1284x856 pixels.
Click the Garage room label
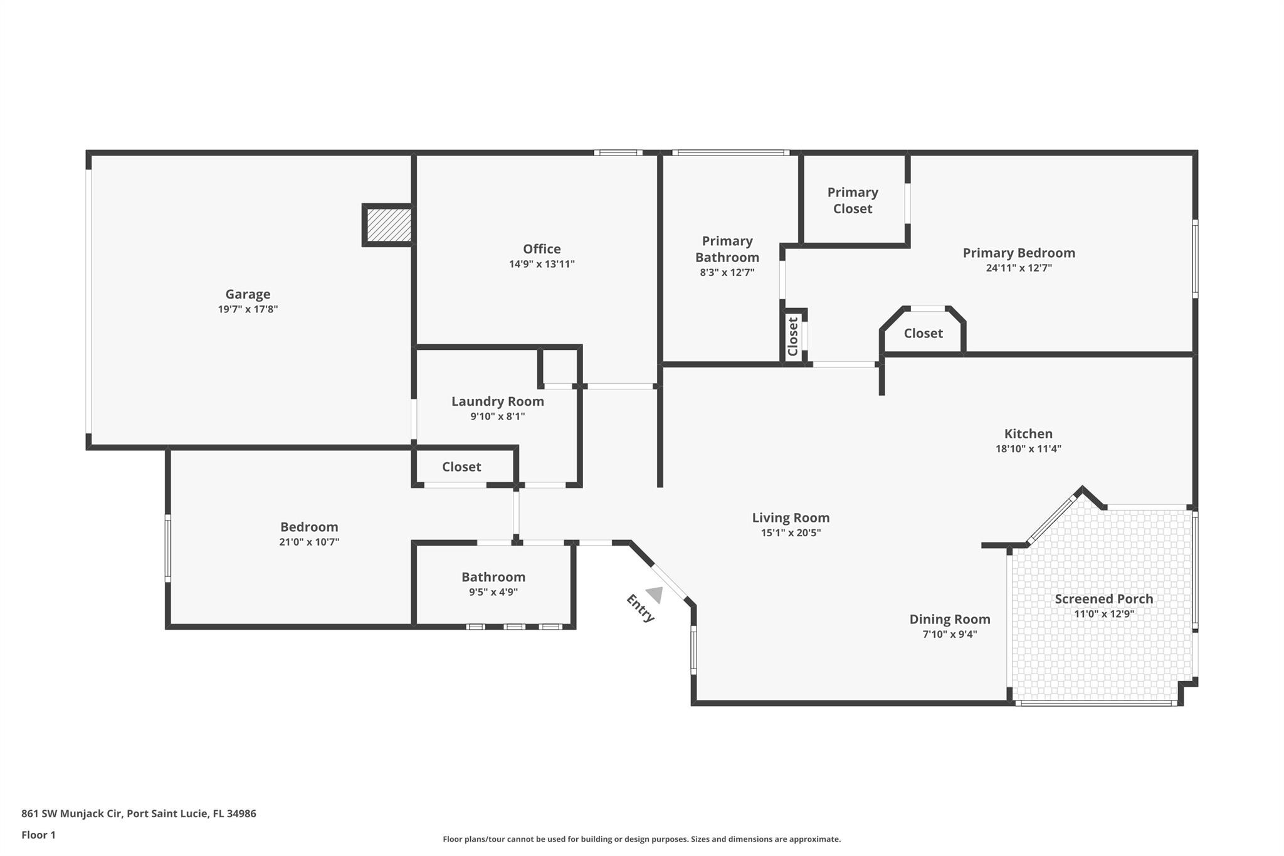click(x=248, y=294)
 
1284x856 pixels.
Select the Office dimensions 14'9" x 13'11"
click(x=542, y=264)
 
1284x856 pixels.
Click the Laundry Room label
click(x=497, y=401)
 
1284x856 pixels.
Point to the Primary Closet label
click(x=852, y=201)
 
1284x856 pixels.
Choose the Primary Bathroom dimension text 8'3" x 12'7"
click(x=727, y=272)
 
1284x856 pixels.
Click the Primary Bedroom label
click(x=1018, y=253)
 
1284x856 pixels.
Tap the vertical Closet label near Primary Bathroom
click(x=793, y=336)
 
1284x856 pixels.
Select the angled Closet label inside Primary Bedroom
click(x=923, y=334)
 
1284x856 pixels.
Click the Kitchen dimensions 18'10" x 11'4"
click(x=1028, y=448)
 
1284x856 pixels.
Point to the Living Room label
click(x=791, y=518)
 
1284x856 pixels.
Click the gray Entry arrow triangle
click(x=655, y=594)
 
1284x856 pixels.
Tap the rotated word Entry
click(x=640, y=608)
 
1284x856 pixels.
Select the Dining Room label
click(x=949, y=620)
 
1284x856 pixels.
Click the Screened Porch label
click(x=1103, y=599)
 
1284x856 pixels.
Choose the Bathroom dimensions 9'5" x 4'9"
click(x=493, y=592)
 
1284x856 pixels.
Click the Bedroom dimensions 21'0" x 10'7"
click(x=309, y=542)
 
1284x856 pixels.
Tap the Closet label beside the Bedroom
click(x=461, y=467)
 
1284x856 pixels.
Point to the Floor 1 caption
click(x=38, y=835)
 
